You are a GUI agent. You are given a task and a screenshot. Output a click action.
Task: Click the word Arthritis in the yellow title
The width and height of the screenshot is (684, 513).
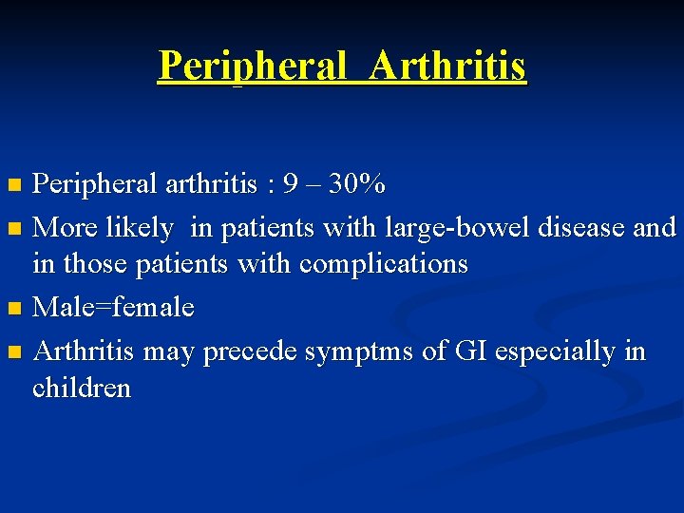447,66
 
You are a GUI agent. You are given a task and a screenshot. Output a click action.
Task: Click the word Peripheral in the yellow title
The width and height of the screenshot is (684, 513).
252,66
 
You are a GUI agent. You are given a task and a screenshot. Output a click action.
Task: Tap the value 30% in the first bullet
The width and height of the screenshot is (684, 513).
356,183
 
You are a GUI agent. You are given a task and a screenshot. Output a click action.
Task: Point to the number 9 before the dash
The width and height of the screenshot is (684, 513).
288,183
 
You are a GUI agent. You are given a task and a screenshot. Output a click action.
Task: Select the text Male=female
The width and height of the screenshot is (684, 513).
113,308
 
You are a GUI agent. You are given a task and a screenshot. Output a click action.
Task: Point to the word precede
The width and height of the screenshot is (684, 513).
250,352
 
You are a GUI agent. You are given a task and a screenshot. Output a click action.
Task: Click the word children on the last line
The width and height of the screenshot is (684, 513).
82,388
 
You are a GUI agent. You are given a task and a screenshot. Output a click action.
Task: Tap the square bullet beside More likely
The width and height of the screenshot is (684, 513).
13,229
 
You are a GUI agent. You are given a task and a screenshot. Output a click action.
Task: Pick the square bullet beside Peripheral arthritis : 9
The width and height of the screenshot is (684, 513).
13,184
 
